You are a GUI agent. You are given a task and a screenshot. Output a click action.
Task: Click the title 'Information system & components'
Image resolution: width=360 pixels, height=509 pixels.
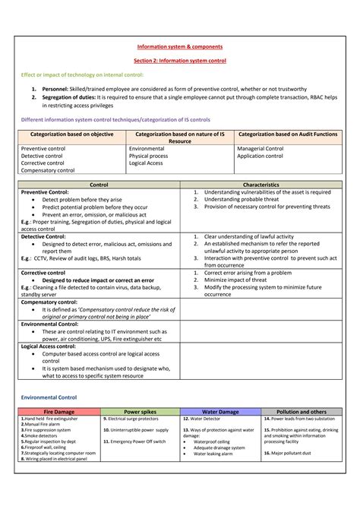pyautogui.click(x=179, y=46)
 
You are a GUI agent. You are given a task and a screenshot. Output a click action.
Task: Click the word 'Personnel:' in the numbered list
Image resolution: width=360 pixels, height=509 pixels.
pyautogui.click(x=56, y=88)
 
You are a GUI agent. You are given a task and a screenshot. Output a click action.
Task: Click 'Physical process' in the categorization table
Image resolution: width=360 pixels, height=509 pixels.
pyautogui.click(x=149, y=156)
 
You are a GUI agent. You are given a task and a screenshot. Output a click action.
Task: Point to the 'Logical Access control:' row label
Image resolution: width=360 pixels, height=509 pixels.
pyautogui.click(x=52, y=346)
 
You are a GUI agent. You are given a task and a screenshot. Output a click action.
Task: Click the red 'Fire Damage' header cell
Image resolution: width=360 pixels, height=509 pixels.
pyautogui.click(x=58, y=411)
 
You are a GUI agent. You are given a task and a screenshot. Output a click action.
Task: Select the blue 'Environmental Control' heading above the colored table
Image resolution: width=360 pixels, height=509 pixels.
pyautogui.click(x=49, y=397)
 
